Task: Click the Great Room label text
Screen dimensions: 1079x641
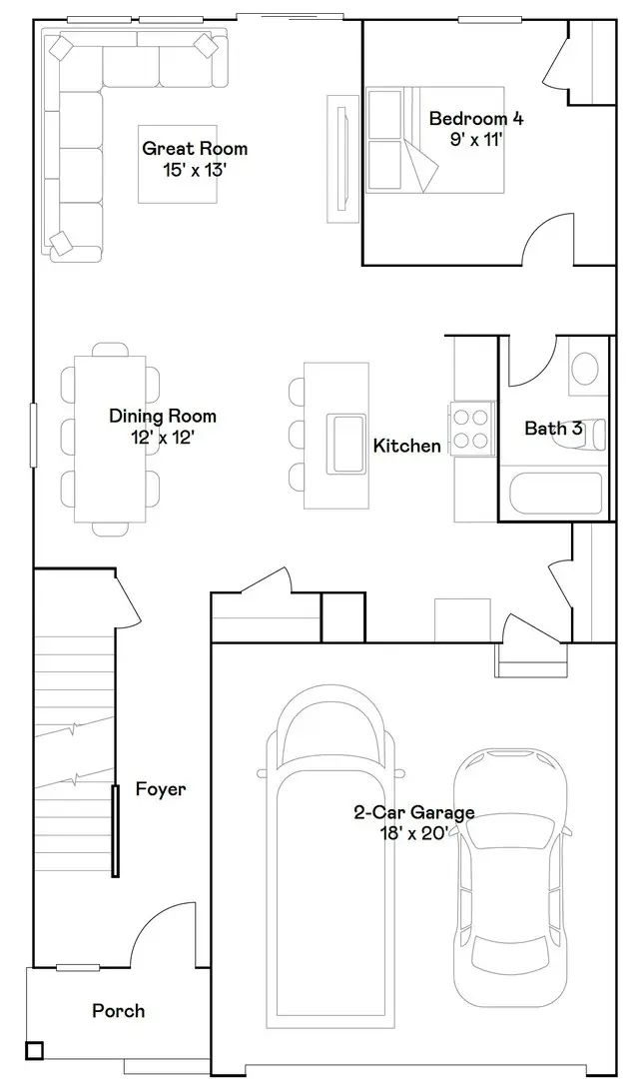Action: click(x=195, y=149)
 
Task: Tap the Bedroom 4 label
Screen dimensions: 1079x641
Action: click(x=475, y=119)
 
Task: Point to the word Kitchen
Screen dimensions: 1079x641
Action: click(x=407, y=446)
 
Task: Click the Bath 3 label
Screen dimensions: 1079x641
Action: click(x=553, y=429)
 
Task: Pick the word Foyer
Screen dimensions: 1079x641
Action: click(x=161, y=789)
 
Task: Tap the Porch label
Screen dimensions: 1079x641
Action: click(x=118, y=1011)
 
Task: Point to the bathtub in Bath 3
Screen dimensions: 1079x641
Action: click(x=555, y=493)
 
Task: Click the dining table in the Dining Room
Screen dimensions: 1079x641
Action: click(x=111, y=438)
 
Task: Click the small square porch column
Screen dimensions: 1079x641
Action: click(x=35, y=1050)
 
